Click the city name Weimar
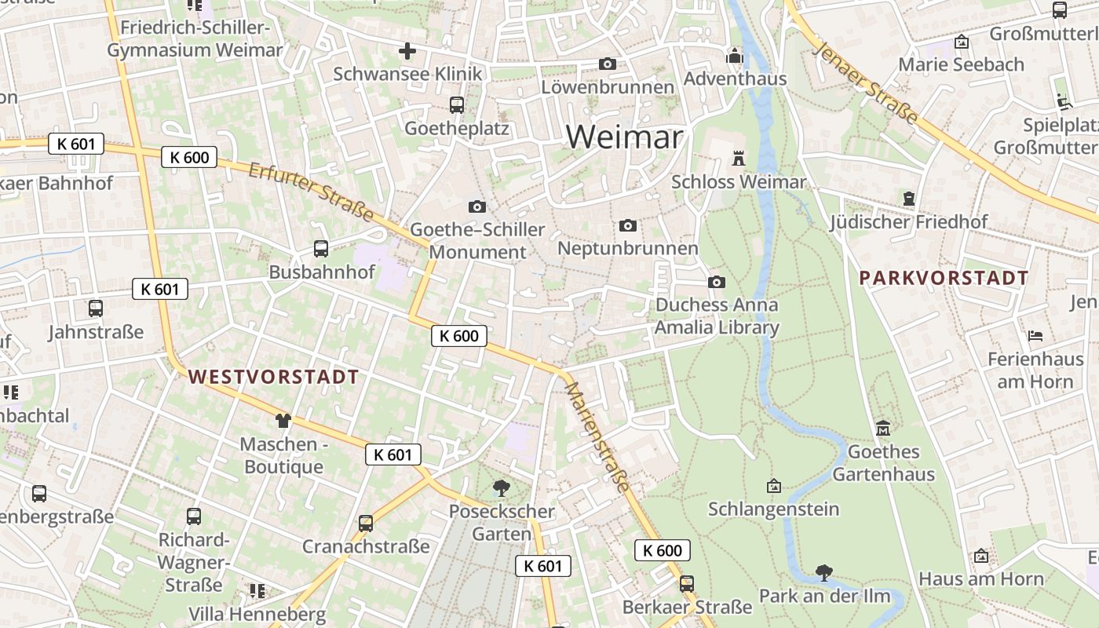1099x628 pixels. click(624, 137)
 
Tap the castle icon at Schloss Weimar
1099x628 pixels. click(738, 158)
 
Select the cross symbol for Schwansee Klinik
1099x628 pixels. click(407, 52)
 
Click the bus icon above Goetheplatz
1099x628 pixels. click(456, 105)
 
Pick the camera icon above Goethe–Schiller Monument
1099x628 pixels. click(476, 206)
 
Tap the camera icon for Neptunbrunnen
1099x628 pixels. click(628, 226)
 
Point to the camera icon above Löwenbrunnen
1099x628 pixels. click(608, 64)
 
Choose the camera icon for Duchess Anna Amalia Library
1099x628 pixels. click(717, 283)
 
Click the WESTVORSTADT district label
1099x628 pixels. click(273, 377)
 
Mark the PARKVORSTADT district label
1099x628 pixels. click(944, 278)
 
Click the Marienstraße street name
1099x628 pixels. click(597, 437)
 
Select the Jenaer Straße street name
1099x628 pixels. click(866, 82)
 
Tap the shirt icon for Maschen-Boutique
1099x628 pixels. click(283, 422)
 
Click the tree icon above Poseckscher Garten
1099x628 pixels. click(501, 488)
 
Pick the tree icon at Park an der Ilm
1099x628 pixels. click(823, 573)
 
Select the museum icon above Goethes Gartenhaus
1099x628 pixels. click(883, 429)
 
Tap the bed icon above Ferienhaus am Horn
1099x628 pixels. click(1035, 336)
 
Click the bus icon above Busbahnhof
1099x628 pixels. click(321, 249)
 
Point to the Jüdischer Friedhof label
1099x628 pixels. click(909, 222)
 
